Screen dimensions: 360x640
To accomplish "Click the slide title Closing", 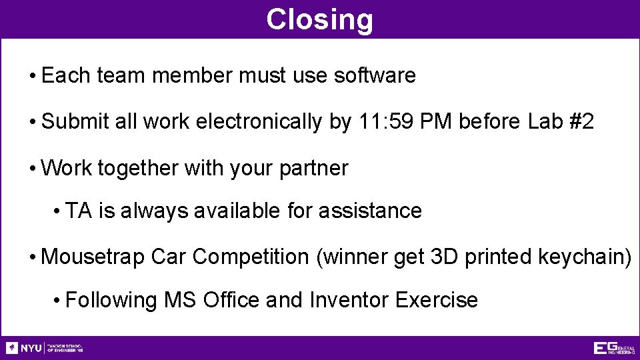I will pos(319,19).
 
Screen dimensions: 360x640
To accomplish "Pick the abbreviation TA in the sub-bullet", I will pos(79,211).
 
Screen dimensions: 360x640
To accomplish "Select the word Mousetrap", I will pos(93,257).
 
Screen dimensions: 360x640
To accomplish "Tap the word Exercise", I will pos(437,300).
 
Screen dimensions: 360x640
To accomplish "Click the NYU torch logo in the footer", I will pos(12,348).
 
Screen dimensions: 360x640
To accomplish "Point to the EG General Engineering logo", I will pos(614,348).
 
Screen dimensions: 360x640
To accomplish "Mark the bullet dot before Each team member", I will pos(32,77).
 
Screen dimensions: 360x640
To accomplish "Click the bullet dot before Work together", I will pos(32,169).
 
